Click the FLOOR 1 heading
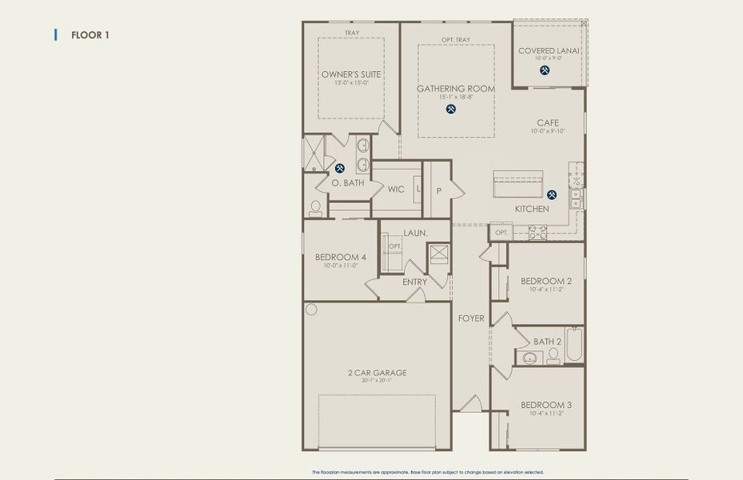tap(90, 35)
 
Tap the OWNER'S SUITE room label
tap(351, 74)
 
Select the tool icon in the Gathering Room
tap(451, 109)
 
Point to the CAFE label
tap(548, 123)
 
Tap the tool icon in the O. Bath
tap(340, 168)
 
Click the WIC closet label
tap(396, 190)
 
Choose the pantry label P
tap(438, 191)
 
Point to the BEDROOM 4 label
tap(341, 257)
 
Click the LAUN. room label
tap(415, 233)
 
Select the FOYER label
tap(471, 318)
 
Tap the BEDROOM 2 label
tap(546, 281)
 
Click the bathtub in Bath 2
tap(574, 346)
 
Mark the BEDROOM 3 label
tap(546, 404)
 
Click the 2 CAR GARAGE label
tap(376, 372)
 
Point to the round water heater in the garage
tap(311, 310)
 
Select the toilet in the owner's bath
tap(315, 208)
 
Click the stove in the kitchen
tap(537, 233)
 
